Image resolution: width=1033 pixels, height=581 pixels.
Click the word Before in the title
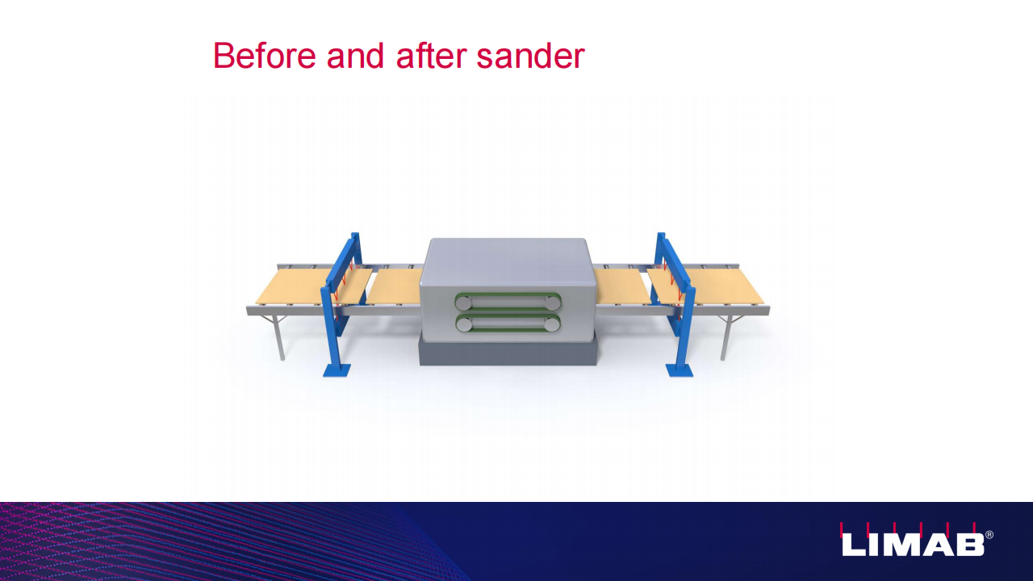(x=264, y=56)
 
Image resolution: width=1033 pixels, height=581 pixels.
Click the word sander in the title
(x=530, y=56)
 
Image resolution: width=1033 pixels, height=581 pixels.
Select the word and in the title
(x=355, y=56)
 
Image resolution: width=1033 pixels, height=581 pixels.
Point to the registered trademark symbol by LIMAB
(x=989, y=535)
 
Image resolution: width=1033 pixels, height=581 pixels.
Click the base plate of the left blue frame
(x=337, y=370)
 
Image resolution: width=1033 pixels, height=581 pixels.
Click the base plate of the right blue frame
(x=680, y=370)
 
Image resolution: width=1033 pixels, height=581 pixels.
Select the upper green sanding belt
(x=508, y=302)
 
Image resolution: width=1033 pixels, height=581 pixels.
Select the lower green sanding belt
(x=508, y=324)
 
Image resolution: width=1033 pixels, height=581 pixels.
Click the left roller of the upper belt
(x=464, y=303)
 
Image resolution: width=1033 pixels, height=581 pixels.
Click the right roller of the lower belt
(x=551, y=324)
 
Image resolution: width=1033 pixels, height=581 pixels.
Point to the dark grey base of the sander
(x=508, y=353)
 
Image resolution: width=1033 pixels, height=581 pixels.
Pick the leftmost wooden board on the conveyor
(x=314, y=286)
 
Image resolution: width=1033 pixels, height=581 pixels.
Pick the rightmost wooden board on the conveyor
(x=705, y=286)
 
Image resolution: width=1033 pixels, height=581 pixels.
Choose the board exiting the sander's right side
(x=621, y=286)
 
